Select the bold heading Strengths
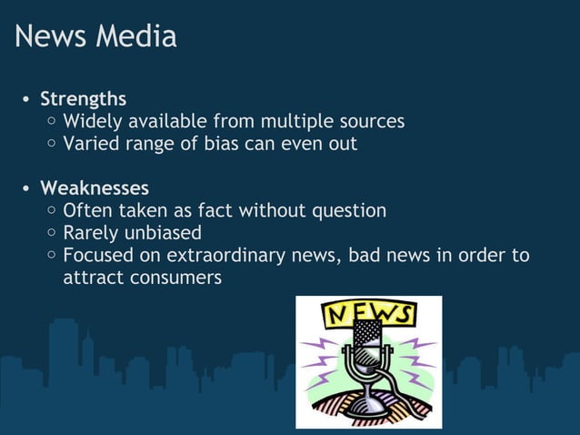pos(83,98)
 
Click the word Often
pos(87,211)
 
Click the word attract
pos(90,278)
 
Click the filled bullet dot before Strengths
pos(27,99)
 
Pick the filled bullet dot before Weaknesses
pos(27,189)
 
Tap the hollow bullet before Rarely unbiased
pos(53,234)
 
